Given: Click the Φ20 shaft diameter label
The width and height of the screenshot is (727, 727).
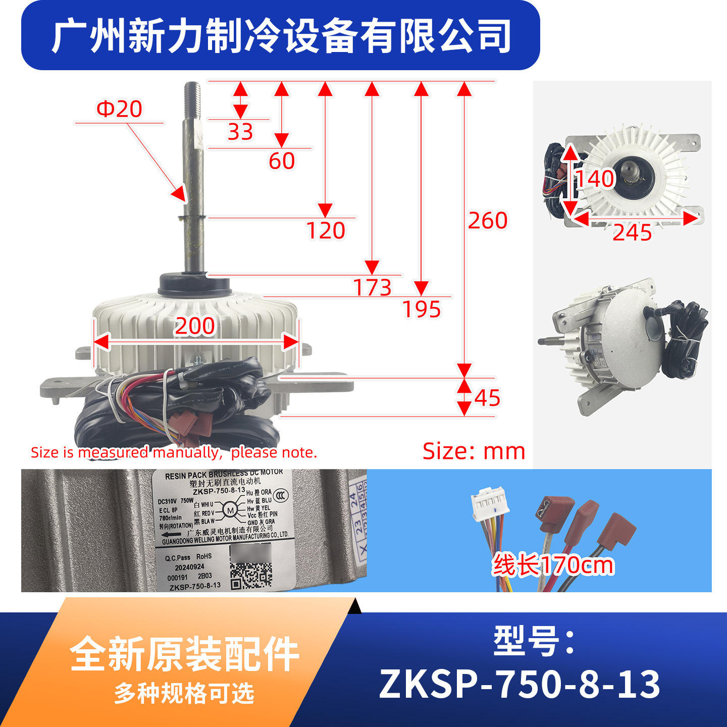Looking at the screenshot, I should click(x=119, y=109).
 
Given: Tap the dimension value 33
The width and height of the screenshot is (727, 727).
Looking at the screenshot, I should click(x=240, y=132).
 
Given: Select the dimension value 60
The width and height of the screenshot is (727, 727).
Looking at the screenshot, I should click(x=282, y=162).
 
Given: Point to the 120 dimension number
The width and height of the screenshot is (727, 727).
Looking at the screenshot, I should click(x=326, y=231).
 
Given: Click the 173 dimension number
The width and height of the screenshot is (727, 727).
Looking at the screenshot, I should click(x=372, y=288).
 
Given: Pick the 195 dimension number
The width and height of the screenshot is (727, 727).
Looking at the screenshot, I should click(x=422, y=309).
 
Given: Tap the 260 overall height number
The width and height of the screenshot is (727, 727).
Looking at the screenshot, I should click(x=487, y=221).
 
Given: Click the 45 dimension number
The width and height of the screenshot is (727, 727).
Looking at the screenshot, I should click(x=487, y=398).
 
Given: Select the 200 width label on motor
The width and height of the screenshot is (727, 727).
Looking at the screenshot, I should click(x=195, y=326).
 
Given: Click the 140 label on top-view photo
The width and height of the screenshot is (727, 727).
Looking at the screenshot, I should click(x=595, y=179).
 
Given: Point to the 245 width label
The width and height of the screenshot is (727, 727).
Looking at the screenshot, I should click(x=632, y=233).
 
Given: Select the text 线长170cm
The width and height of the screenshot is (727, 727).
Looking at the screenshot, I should click(x=553, y=565).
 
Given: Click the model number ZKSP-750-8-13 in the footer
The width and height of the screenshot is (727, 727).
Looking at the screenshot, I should click(x=520, y=684).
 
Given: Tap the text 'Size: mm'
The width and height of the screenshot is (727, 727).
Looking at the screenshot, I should click(x=474, y=451).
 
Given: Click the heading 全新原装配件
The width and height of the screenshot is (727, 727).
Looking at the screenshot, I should click(x=185, y=654).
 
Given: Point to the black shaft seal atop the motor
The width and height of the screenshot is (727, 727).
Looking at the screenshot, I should click(x=194, y=284).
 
